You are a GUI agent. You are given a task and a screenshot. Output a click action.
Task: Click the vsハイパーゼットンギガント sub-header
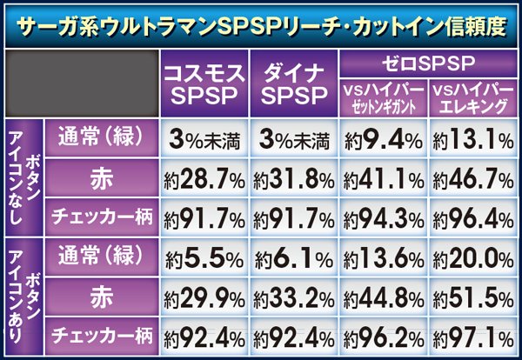click(384, 98)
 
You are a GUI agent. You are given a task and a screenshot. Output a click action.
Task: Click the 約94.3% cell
click(383, 215)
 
